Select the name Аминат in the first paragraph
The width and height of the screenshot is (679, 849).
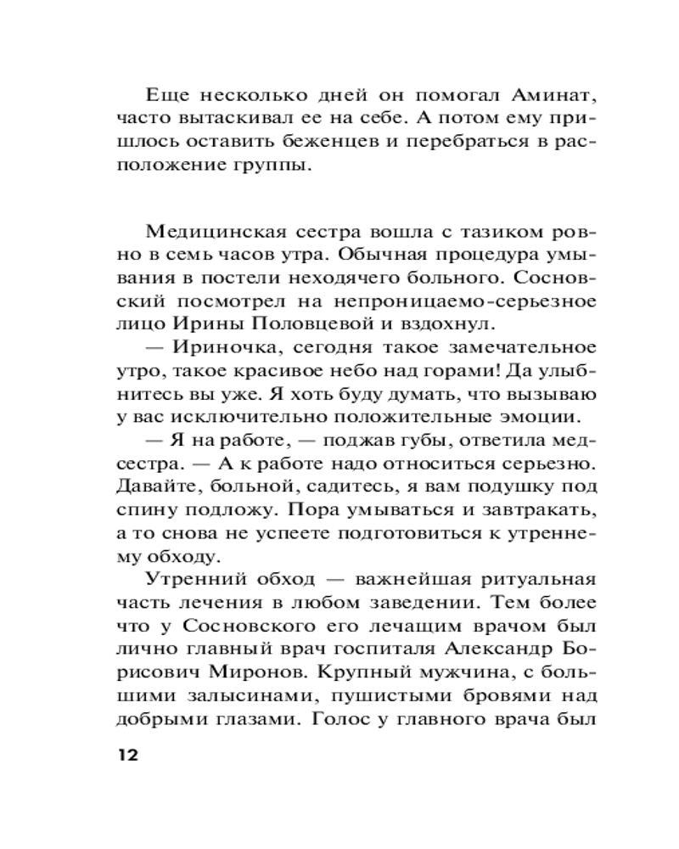coord(557,94)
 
